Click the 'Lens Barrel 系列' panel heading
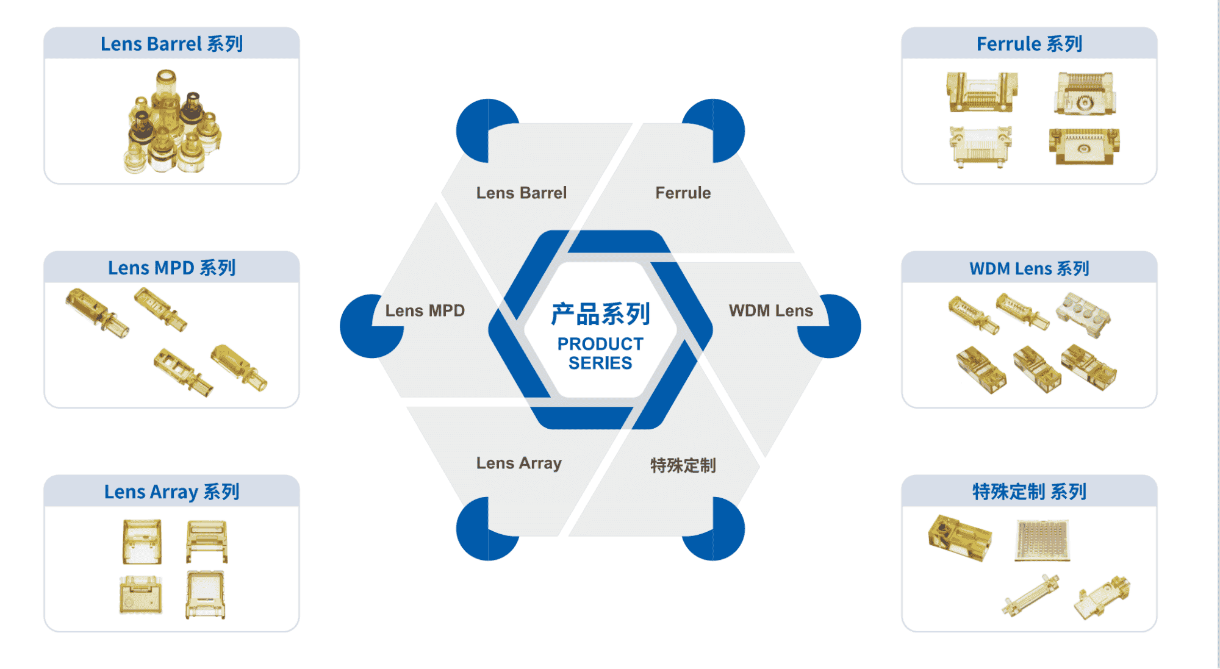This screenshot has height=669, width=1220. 171,44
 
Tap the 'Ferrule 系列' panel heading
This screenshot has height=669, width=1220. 1029,44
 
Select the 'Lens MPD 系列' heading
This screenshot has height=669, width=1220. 171,268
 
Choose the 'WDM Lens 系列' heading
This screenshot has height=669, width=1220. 1029,268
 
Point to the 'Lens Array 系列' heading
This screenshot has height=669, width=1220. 171,492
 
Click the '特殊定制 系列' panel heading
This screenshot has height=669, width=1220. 1029,492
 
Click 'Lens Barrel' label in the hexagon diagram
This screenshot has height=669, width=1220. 521,193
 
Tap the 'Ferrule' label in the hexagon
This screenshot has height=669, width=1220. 683,193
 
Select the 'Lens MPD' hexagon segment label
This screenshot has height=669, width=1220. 425,310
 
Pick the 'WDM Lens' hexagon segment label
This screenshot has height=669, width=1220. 770,310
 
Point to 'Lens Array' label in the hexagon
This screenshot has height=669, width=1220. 518,463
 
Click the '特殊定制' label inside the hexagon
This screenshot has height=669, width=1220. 683,465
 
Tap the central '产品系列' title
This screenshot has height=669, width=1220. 600,314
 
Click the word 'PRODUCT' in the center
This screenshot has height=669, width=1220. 600,344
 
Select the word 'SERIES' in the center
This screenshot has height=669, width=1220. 600,363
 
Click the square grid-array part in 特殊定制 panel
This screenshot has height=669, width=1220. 1042,540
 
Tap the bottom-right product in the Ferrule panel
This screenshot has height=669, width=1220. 1084,146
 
